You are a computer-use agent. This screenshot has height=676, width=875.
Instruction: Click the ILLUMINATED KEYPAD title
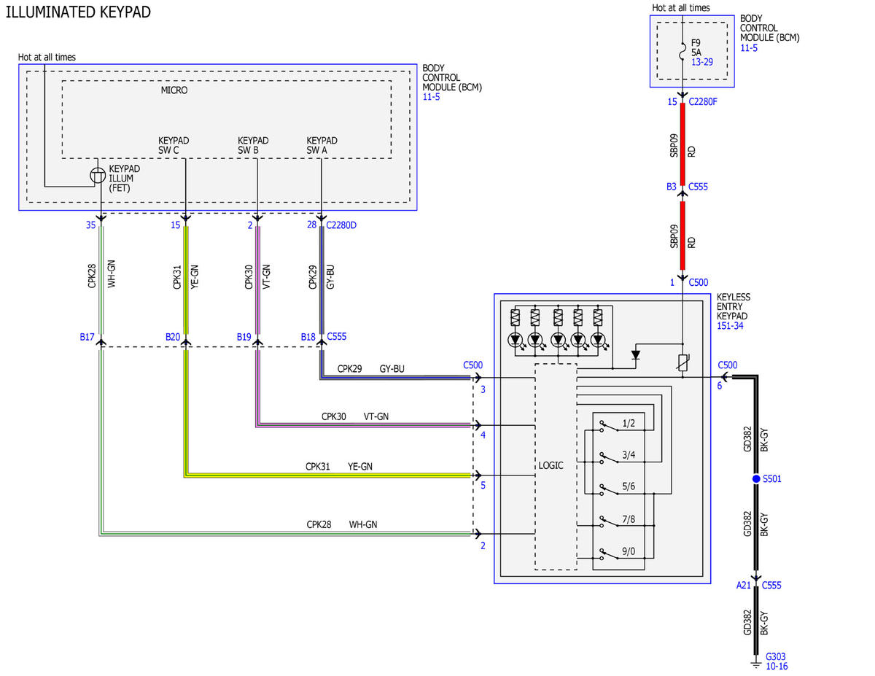78,12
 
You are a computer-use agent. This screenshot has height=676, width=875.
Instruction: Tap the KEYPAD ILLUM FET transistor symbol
98,176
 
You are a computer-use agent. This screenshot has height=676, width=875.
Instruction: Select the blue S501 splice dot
756,478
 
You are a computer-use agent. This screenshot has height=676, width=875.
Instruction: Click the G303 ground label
775,656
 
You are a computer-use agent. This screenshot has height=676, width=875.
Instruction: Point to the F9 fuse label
696,43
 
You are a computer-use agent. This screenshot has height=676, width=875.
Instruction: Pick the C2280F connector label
703,102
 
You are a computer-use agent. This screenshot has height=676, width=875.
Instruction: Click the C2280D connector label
341,225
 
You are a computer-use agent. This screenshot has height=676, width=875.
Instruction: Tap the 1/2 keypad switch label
629,423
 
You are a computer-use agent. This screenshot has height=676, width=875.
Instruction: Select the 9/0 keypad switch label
629,551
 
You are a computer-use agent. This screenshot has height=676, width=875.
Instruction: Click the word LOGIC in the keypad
551,465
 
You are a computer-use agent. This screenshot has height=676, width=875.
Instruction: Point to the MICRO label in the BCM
174,90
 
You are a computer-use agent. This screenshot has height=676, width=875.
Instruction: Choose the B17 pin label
87,337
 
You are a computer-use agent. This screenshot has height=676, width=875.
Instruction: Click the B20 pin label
173,337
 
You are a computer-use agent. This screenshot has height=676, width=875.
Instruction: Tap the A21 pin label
743,586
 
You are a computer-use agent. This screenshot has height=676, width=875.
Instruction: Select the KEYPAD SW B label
253,145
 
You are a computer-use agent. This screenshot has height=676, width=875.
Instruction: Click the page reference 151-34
730,326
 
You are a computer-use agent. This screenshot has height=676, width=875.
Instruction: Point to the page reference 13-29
702,62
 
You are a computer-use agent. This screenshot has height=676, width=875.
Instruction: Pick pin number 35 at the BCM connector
91,225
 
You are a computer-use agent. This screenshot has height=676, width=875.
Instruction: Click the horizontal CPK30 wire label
333,416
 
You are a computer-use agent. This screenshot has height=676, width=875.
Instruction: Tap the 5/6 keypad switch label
629,486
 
